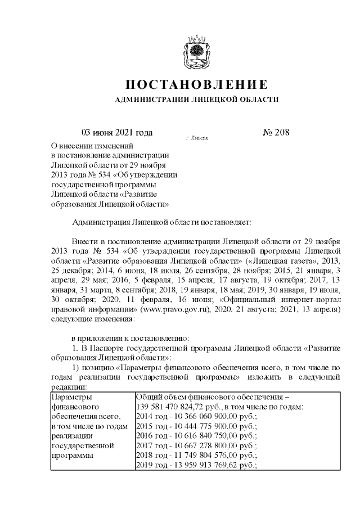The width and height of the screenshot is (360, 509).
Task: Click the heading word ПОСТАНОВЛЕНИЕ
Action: [196, 85]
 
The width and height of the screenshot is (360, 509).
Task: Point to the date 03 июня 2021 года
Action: [118, 133]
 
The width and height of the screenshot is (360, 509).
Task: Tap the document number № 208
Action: [276, 133]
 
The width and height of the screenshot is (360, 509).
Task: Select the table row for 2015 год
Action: [197, 426]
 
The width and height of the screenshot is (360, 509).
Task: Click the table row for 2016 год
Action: [197, 435]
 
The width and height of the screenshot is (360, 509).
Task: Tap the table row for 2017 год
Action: [197, 445]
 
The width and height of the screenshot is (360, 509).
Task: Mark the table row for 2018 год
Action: [197, 454]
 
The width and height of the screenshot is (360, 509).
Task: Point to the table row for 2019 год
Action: [197, 465]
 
